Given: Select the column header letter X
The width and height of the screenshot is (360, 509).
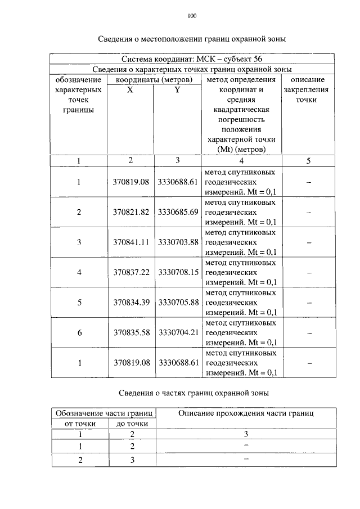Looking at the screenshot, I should click(130, 89).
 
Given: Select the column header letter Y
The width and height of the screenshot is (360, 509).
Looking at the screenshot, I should click(177, 89).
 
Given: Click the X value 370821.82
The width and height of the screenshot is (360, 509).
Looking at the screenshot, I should click(130, 212).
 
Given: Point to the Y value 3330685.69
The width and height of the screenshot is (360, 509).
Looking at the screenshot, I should click(178, 212).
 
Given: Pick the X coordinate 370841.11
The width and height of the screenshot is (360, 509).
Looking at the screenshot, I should click(130, 242).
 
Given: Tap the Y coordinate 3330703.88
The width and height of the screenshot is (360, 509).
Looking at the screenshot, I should click(178, 242).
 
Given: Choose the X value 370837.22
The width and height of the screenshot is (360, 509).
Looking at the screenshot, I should click(130, 272).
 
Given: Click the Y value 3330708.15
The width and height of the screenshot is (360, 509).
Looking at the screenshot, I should click(178, 272).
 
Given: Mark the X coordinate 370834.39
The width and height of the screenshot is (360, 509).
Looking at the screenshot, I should click(130, 303).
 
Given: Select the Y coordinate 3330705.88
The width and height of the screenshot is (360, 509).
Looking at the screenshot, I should click(178, 303).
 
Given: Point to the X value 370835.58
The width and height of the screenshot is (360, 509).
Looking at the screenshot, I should click(130, 333).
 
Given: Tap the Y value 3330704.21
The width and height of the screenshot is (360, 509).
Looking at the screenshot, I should click(178, 333).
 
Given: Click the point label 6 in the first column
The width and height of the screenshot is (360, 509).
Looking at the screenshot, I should click(79, 333).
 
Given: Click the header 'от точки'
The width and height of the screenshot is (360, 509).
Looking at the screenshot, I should click(80, 424).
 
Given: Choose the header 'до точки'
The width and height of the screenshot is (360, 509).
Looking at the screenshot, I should click(132, 424).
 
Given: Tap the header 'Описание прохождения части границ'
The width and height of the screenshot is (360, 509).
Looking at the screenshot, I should click(245, 413).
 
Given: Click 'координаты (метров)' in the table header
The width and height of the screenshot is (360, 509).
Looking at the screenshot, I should click(154, 80).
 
